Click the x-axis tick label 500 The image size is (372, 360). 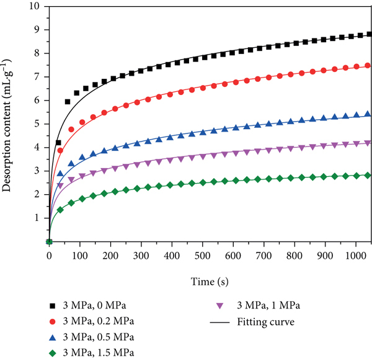202,256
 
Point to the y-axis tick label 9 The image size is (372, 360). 37,30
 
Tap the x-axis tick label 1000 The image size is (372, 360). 356,256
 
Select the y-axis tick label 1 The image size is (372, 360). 37,218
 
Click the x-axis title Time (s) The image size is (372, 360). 210,282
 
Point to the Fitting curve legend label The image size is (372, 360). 266,322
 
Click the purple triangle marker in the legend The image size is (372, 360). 220,306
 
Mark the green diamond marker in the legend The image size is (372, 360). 53,353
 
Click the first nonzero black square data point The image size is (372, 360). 58,143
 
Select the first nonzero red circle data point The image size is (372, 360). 60,151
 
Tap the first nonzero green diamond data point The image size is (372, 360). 60,210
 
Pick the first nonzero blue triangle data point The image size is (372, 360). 60,173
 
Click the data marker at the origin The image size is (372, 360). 49,241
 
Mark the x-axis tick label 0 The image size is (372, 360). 49,256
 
